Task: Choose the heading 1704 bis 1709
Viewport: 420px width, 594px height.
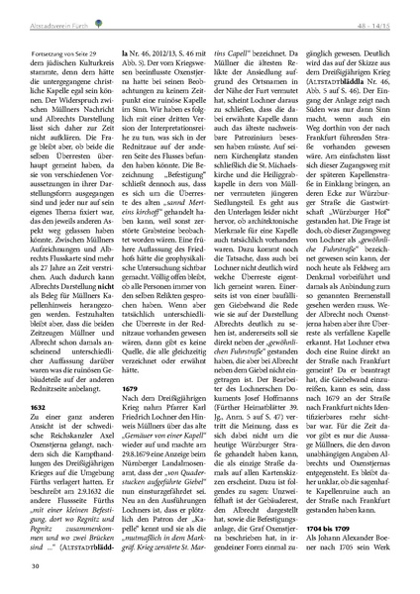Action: [x=340, y=529]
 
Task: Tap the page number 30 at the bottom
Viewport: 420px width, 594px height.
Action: [x=35, y=565]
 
